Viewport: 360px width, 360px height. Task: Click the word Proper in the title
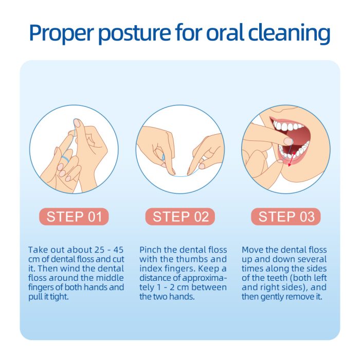(62, 33)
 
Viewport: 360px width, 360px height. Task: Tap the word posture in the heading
(135, 33)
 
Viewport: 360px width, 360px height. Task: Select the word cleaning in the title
(289, 33)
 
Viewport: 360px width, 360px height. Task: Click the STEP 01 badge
(74, 217)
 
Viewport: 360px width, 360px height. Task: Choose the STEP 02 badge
(180, 217)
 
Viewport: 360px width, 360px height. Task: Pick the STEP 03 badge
(286, 217)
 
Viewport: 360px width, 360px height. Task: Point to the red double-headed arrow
(292, 158)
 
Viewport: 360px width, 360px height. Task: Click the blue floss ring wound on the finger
(65, 158)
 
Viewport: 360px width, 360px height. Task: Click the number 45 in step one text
(118, 249)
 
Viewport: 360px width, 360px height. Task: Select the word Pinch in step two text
(150, 249)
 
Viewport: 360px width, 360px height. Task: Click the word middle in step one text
(110, 278)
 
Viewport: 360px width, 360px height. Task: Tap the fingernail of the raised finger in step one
(77, 123)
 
